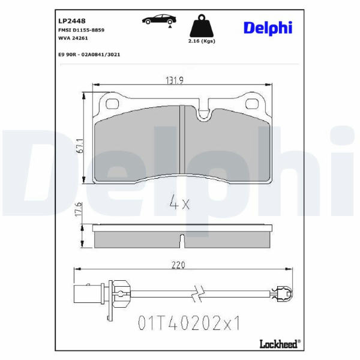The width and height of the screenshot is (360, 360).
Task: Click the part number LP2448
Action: coord(72,21)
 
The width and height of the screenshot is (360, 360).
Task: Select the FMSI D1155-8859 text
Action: coord(81,30)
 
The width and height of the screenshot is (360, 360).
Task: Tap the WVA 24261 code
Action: coord(73,38)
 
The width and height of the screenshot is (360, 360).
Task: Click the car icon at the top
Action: coord(159,20)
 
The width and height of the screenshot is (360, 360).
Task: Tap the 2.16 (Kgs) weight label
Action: coord(202,41)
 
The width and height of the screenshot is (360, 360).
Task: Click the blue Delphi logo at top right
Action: coord(268,28)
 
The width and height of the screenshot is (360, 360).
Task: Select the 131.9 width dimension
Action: coord(175,80)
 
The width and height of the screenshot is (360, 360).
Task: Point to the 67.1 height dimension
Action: coord(80,146)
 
